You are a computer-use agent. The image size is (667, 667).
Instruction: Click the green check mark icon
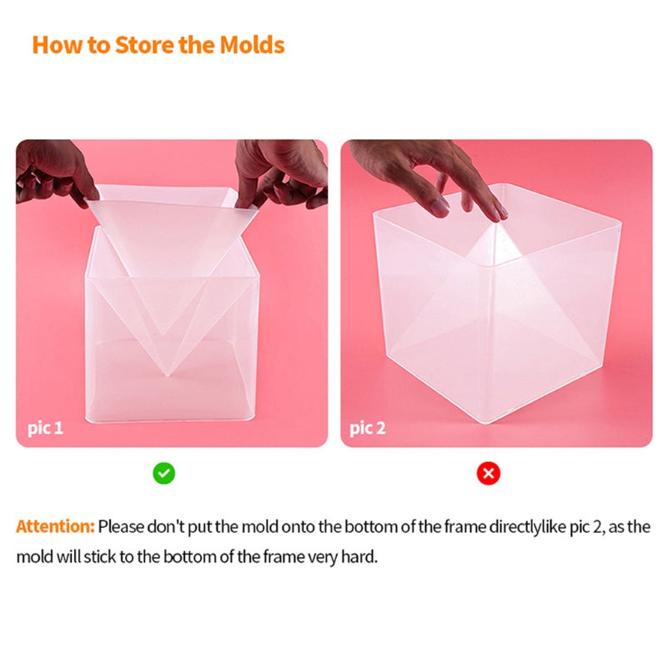164,474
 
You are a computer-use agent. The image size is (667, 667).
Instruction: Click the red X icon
489,474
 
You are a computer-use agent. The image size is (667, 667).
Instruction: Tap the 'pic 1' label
40,429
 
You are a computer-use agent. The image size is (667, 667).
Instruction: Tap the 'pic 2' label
367,429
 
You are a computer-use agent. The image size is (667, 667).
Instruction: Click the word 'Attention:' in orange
55,527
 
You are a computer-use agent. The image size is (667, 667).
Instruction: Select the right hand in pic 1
280,171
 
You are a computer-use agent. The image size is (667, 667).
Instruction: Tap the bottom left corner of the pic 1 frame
88,418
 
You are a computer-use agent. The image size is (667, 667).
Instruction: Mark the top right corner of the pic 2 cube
620,220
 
